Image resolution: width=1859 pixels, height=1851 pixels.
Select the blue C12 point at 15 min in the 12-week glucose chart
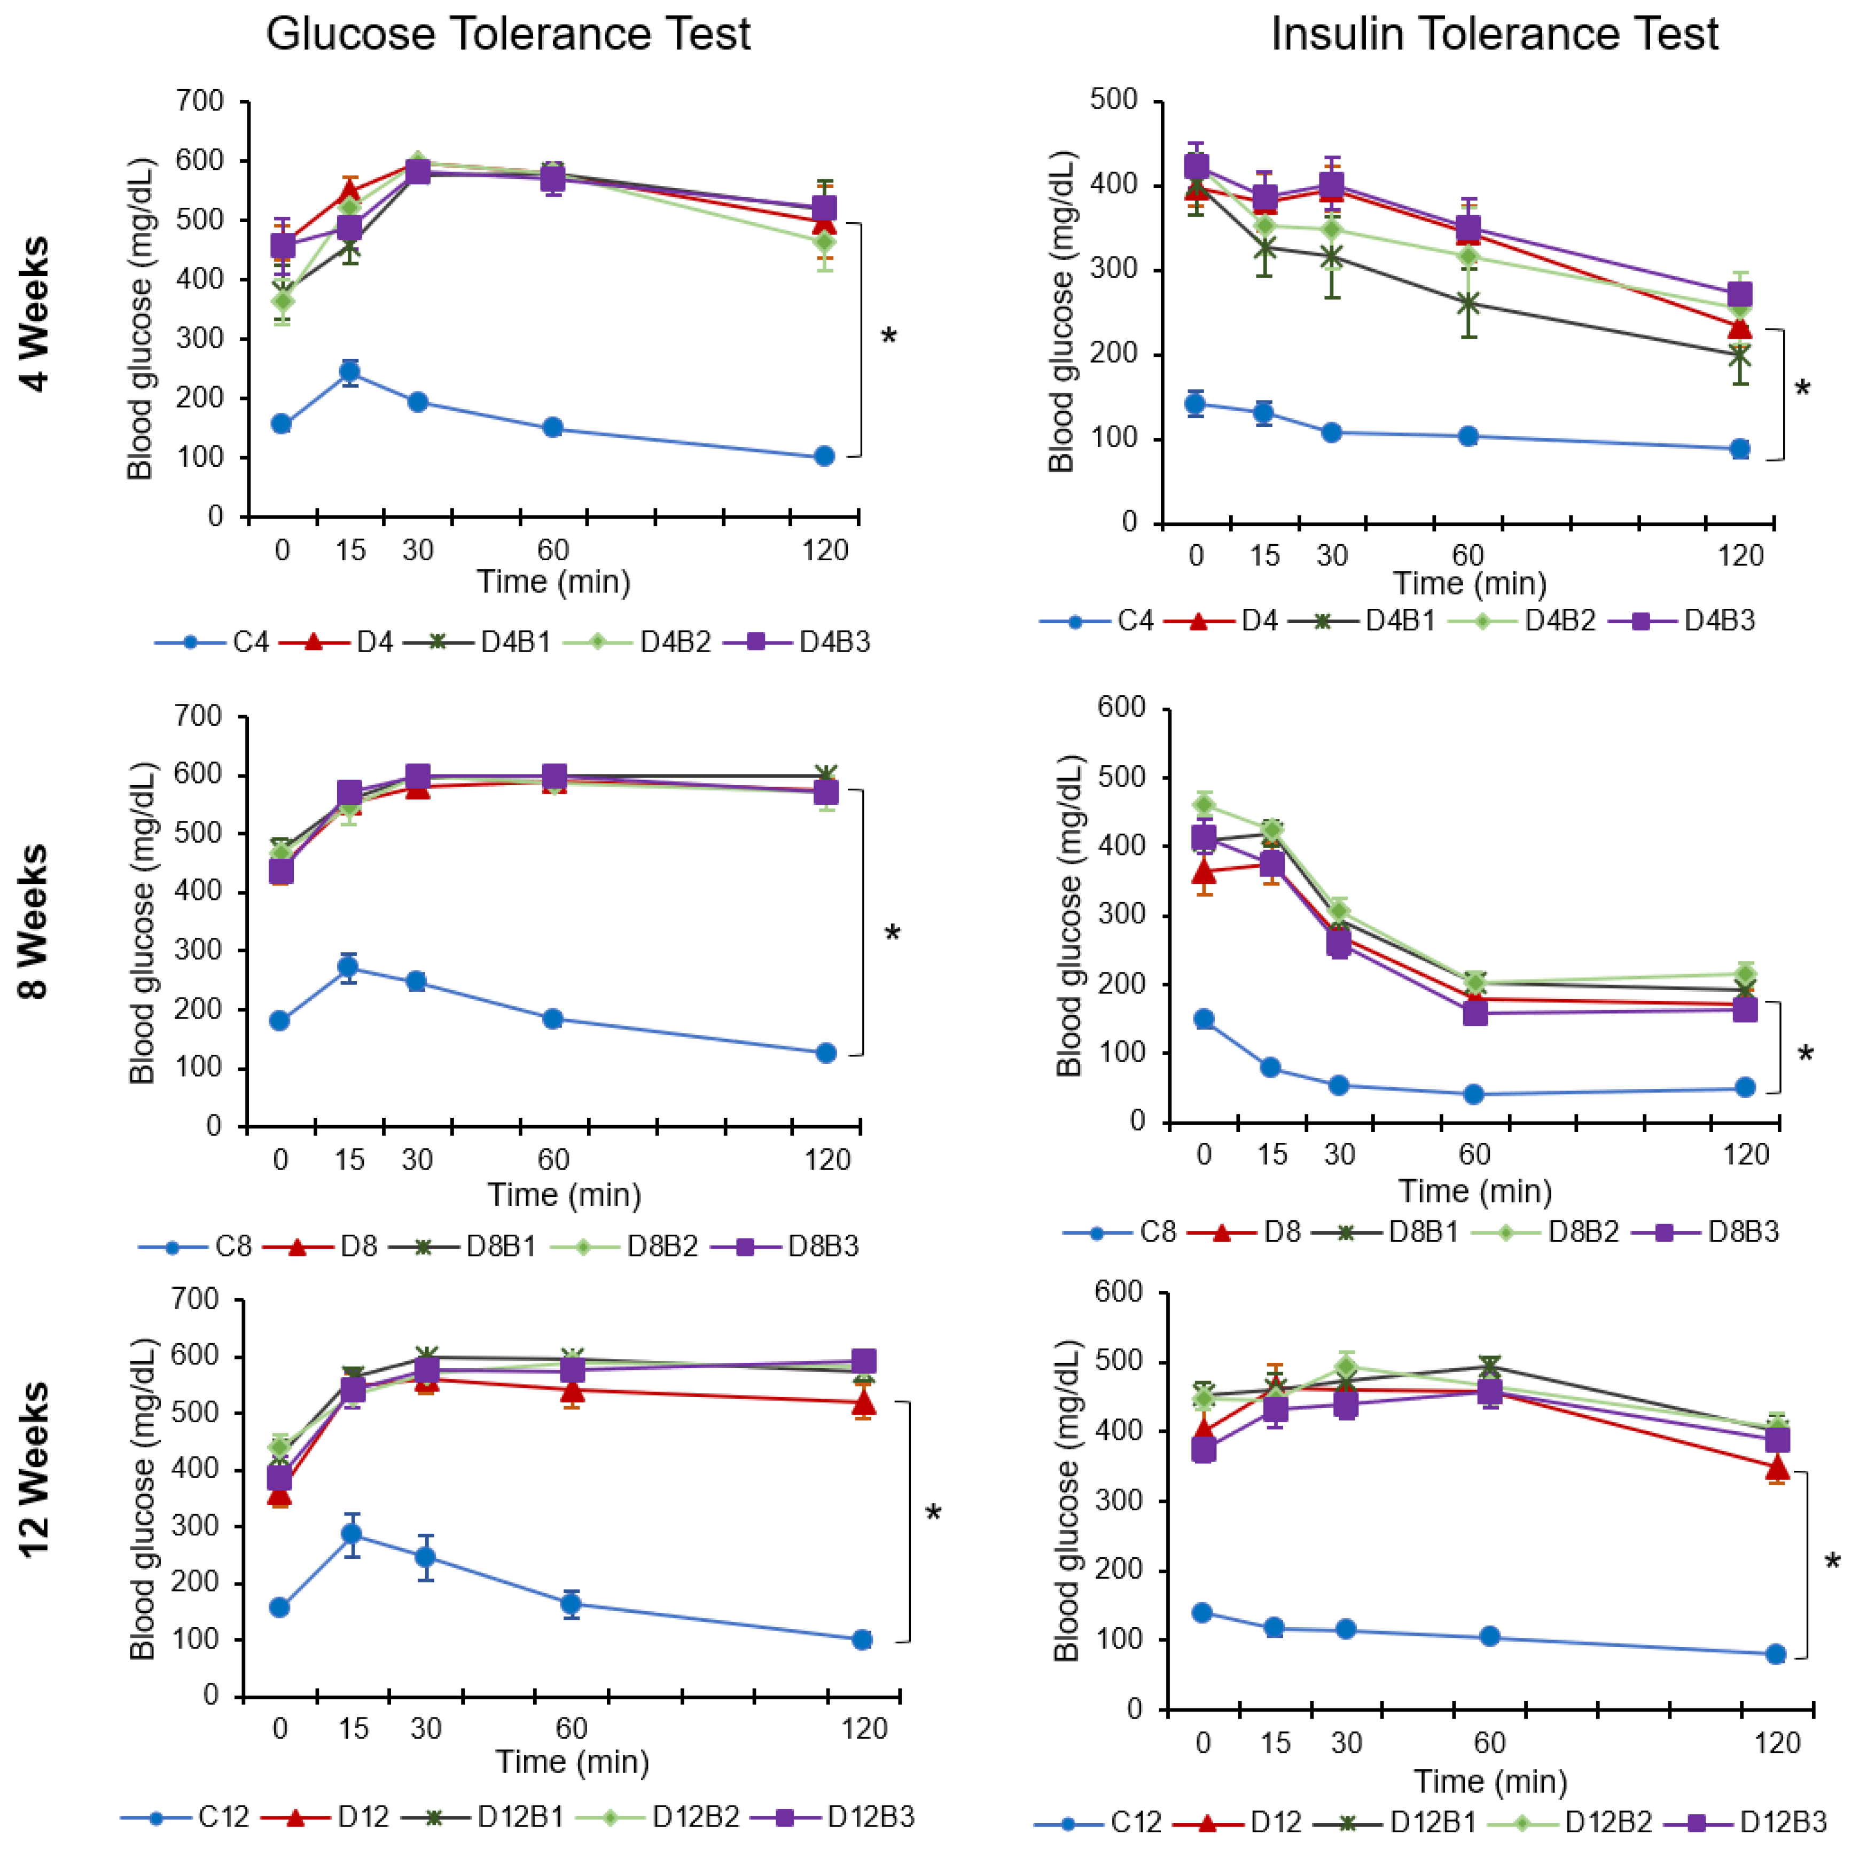pyautogui.click(x=352, y=1534)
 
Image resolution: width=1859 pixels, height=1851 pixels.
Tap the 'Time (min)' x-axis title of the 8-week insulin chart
pyautogui.click(x=1474, y=1191)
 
